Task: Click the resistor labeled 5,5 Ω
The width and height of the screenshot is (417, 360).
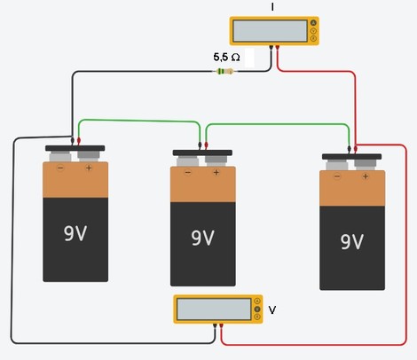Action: (x=225, y=71)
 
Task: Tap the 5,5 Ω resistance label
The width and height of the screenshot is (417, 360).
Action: (x=226, y=57)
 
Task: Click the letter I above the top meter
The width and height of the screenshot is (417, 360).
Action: (x=272, y=7)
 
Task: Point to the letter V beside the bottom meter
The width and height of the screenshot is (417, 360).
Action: (x=272, y=310)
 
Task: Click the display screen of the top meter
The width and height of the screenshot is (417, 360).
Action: (x=270, y=31)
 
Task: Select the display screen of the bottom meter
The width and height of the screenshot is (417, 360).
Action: (x=214, y=309)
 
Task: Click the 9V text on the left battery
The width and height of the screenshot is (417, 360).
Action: (x=75, y=233)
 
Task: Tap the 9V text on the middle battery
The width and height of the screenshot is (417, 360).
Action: (x=202, y=238)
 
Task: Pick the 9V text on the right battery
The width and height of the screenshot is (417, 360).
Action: (x=352, y=242)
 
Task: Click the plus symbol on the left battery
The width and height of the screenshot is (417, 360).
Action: (x=89, y=168)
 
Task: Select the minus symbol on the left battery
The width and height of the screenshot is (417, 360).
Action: (x=60, y=168)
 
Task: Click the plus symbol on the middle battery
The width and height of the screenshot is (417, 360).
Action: (x=216, y=172)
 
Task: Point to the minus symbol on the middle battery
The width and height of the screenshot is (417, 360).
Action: (x=188, y=173)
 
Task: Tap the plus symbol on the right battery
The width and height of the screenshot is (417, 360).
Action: (x=366, y=176)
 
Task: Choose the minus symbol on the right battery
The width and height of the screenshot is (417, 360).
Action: (x=337, y=176)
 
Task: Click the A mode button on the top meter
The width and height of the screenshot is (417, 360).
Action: (x=313, y=23)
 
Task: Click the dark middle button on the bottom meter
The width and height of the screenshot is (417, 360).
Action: (x=257, y=309)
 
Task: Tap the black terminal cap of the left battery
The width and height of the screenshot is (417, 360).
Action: (x=75, y=148)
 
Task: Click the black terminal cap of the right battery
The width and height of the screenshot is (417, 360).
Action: (x=351, y=157)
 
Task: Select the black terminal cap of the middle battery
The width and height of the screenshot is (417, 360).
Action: (x=202, y=153)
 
